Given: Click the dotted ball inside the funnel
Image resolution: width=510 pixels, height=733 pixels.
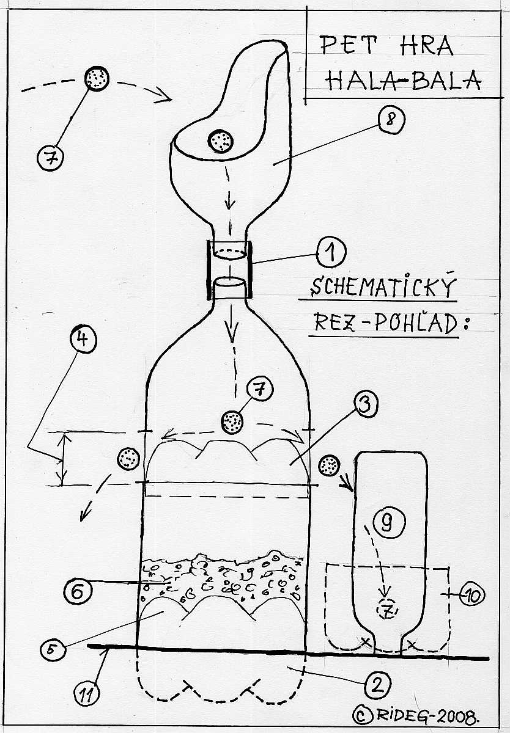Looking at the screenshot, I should pos(220,141).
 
